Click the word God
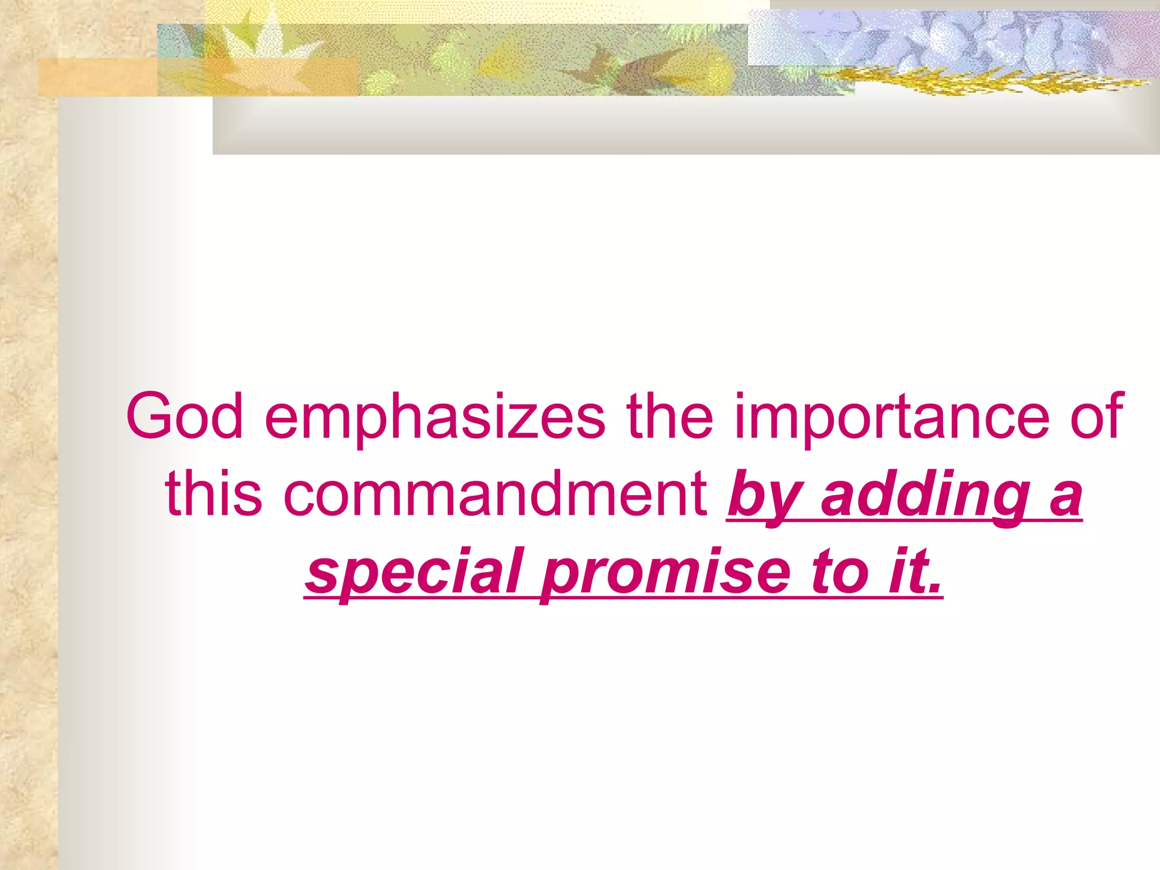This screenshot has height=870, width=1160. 185,416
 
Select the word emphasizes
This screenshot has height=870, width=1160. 435,416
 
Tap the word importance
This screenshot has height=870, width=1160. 892,416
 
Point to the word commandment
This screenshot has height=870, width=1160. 496,494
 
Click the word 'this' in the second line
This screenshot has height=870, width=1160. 214,494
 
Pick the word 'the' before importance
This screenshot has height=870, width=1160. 669,416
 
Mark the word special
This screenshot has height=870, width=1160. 413,572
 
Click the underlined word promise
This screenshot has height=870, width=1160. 666,572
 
